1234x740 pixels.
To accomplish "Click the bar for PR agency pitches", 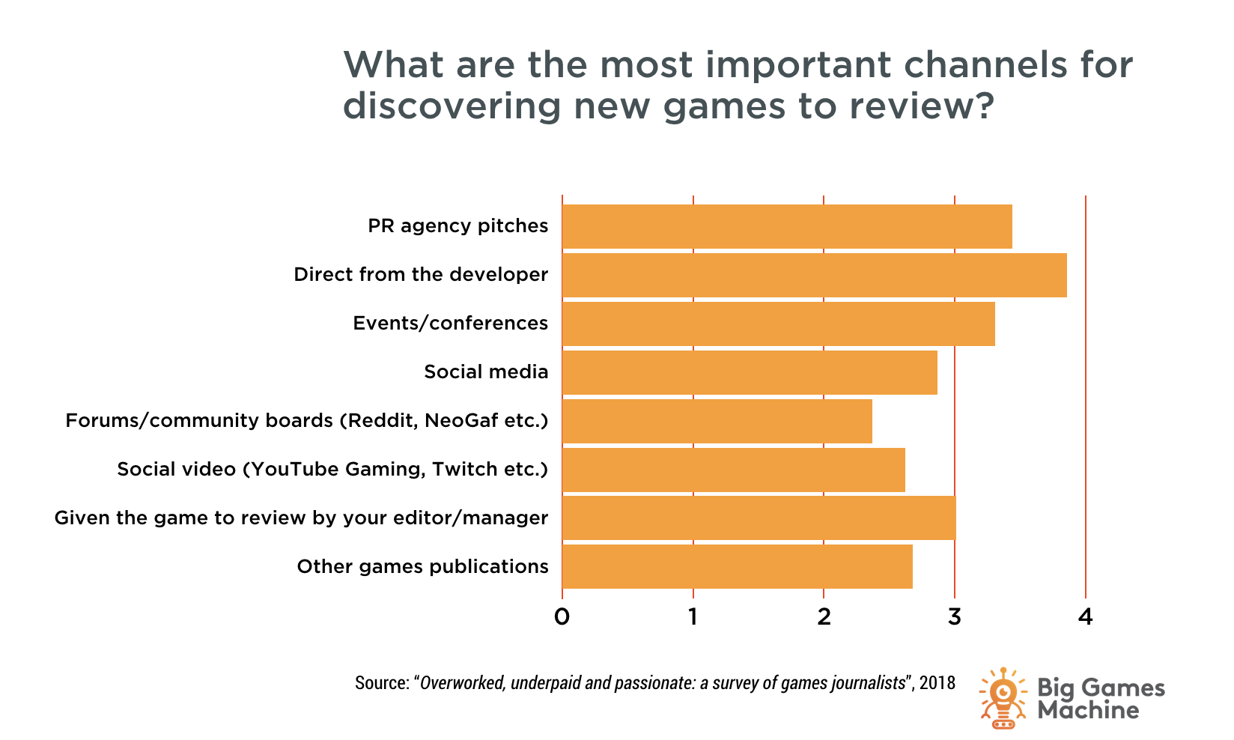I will pos(786,226).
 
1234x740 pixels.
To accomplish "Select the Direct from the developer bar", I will pos(814,275).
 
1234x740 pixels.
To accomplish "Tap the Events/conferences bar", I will pos(778,324).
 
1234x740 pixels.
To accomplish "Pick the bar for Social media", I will pos(749,372).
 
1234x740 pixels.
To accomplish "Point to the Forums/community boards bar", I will pos(717,421).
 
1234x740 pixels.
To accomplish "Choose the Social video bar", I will pos(733,470).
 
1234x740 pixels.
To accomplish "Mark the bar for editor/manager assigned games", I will pos(759,518).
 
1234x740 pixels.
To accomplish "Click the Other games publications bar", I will pos(737,566).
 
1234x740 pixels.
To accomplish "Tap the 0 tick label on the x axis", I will pos(562,617).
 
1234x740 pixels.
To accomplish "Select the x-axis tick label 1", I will pos(693,617).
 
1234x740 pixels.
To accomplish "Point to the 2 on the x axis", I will pos(824,617).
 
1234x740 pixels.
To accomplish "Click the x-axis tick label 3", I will pos(954,617).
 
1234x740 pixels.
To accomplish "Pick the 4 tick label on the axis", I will pos(1085,617).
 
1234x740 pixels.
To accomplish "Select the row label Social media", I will pos(486,372).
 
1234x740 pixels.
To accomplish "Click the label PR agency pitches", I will pos(458,226).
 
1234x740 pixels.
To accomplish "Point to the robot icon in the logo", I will pos(1003,698).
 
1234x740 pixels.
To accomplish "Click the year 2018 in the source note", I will pos(937,683).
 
